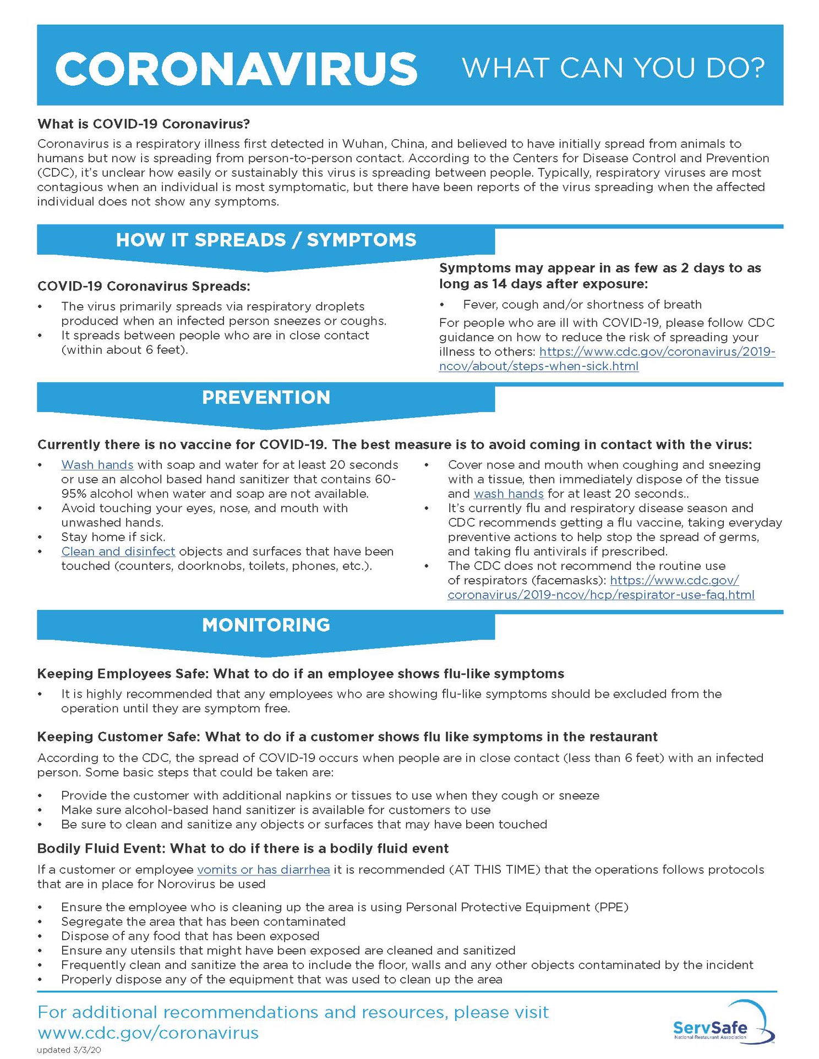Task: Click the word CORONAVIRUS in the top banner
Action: pos(236,69)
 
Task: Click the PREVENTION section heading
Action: pos(266,397)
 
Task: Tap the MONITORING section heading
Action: pos(266,625)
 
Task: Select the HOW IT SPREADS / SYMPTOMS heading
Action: pos(266,240)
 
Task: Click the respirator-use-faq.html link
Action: pos(600,595)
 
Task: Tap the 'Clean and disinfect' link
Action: pos(118,551)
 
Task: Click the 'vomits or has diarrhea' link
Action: pos(263,869)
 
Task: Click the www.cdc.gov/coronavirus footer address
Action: pos(148,1033)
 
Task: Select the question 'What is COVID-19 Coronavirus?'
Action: pos(143,124)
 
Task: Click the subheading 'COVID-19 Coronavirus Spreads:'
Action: pos(143,286)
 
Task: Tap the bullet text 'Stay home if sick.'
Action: pos(113,537)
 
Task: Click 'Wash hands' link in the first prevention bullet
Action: pos(97,465)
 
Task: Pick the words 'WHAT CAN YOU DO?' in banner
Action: pos(613,68)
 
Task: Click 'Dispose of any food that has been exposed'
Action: pos(190,936)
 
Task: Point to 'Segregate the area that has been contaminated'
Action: pos(203,921)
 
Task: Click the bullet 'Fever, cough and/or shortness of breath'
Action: pos(582,304)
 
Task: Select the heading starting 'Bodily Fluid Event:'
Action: pos(242,848)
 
